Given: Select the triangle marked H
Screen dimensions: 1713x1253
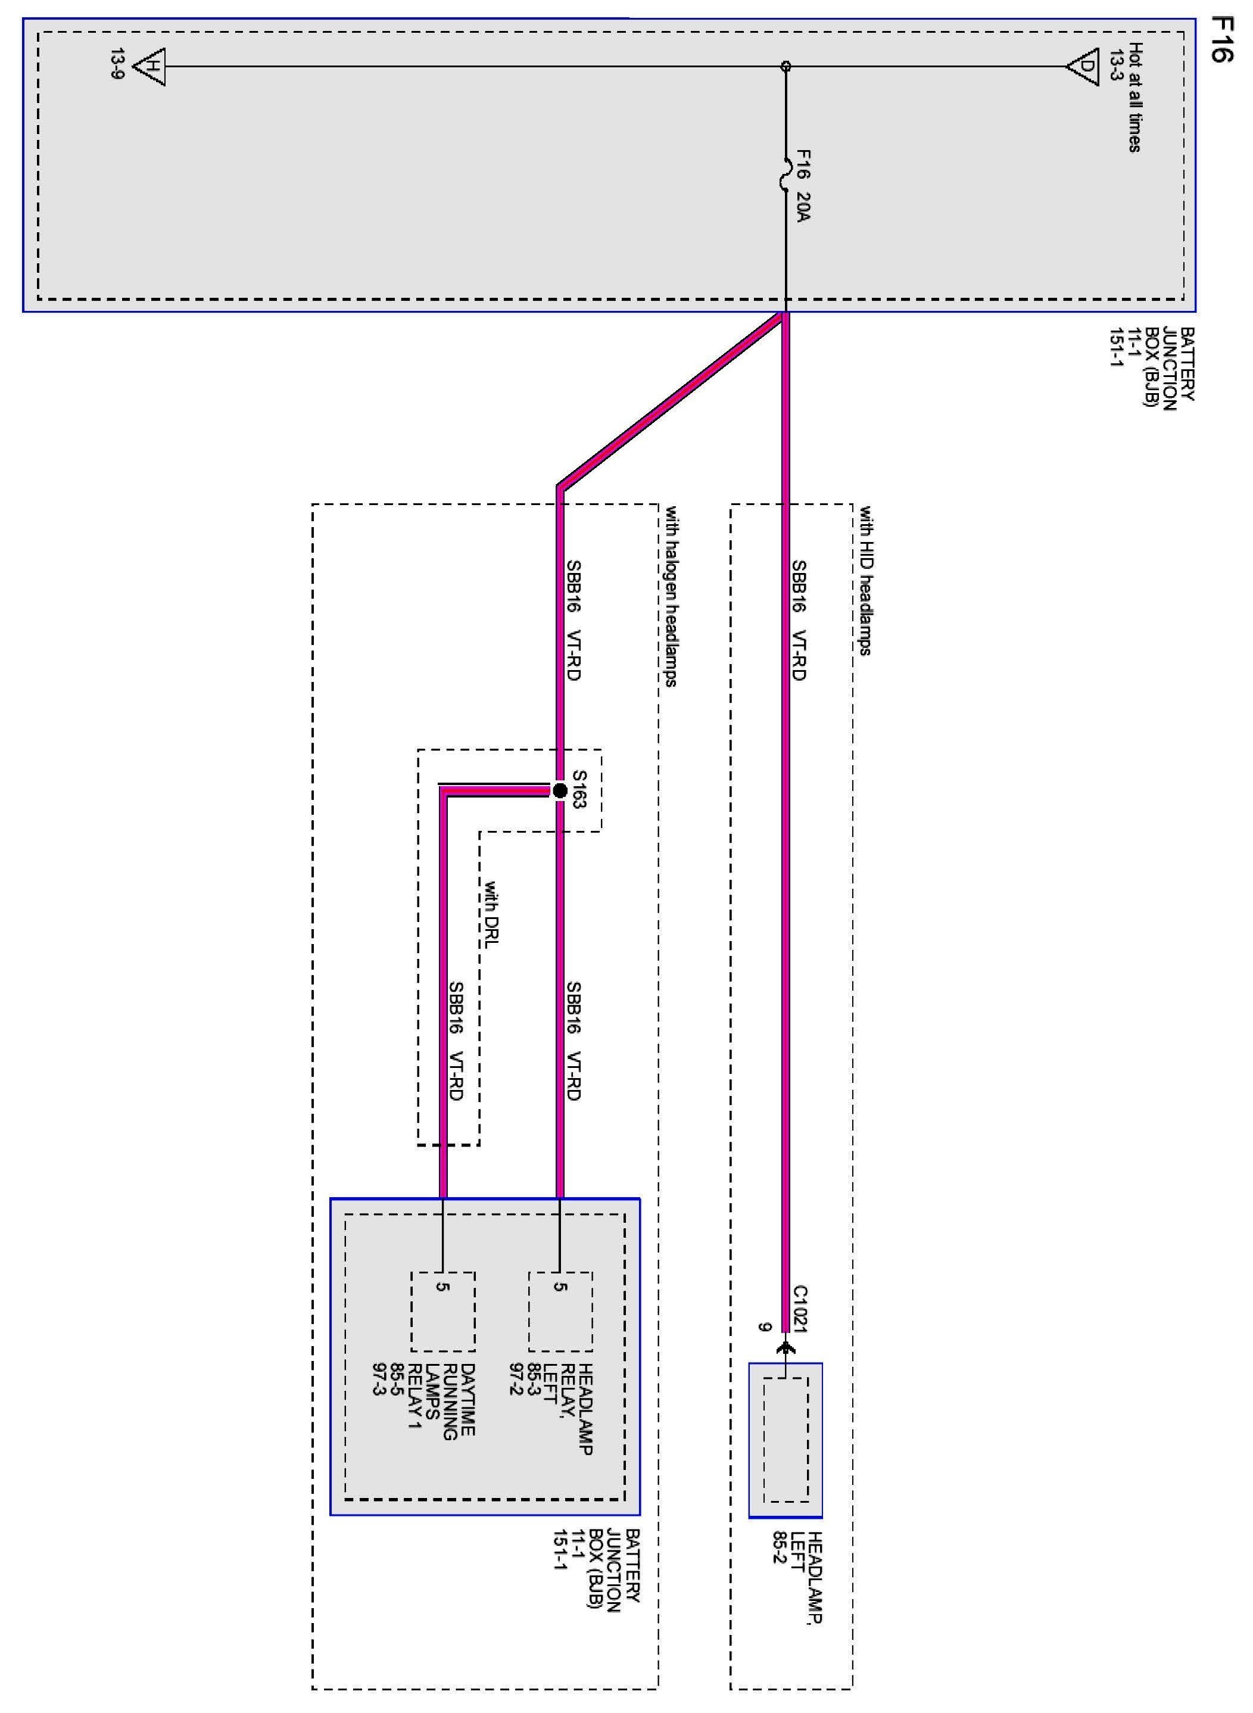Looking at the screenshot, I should point(150,67).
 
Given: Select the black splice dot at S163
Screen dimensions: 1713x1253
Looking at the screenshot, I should point(560,790).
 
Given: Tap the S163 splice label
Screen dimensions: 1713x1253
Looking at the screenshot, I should point(579,790).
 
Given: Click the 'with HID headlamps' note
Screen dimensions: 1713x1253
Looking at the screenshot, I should point(865,580).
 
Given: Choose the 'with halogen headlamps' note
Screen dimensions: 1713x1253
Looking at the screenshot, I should point(671,596).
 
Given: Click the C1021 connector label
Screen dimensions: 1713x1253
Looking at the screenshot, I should point(801,1308).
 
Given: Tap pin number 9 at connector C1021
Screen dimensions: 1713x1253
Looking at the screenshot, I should point(765,1327).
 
